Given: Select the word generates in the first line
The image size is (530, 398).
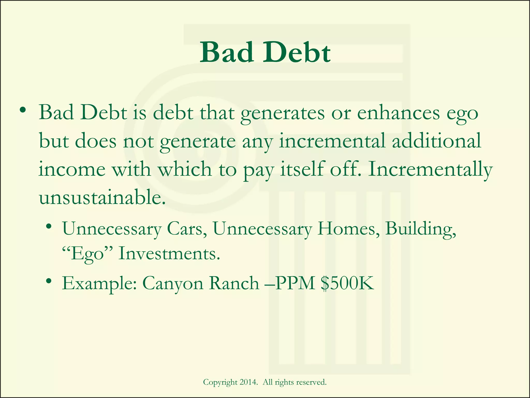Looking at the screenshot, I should click(282, 114).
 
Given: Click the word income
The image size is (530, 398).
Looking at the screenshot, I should click(72, 169).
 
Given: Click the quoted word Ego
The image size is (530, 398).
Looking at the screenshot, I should click(87, 254).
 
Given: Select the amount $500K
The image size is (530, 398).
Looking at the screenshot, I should click(347, 283).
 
